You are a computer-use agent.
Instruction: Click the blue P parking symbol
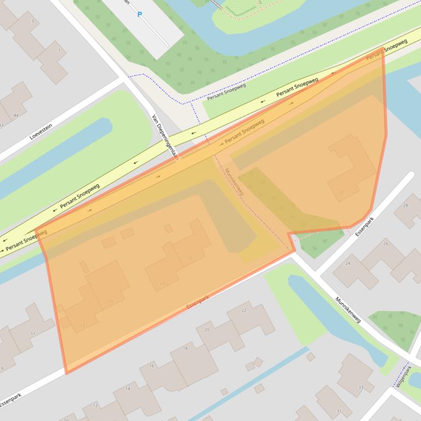pos(139,15)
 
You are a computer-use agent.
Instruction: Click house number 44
pos(16,115)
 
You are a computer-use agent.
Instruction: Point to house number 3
pos(32,21)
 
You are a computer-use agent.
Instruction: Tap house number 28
pos(405,205)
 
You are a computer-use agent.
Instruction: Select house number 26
pos(385,243)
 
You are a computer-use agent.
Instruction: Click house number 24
pos(348,264)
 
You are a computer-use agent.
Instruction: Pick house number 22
pos(244,311)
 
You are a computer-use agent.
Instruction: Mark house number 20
pos(207,330)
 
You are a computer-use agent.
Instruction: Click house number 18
pos(185,348)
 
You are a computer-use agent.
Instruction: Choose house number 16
pos(151,366)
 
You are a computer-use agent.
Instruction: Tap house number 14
pos(128,389)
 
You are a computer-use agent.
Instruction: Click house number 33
pos(360,387)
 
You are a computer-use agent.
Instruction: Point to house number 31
pos(339,411)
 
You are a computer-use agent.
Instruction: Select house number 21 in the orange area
pos(342,192)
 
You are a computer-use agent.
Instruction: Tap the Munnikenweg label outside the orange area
pos(348,310)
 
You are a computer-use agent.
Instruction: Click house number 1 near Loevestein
pos(59,50)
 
